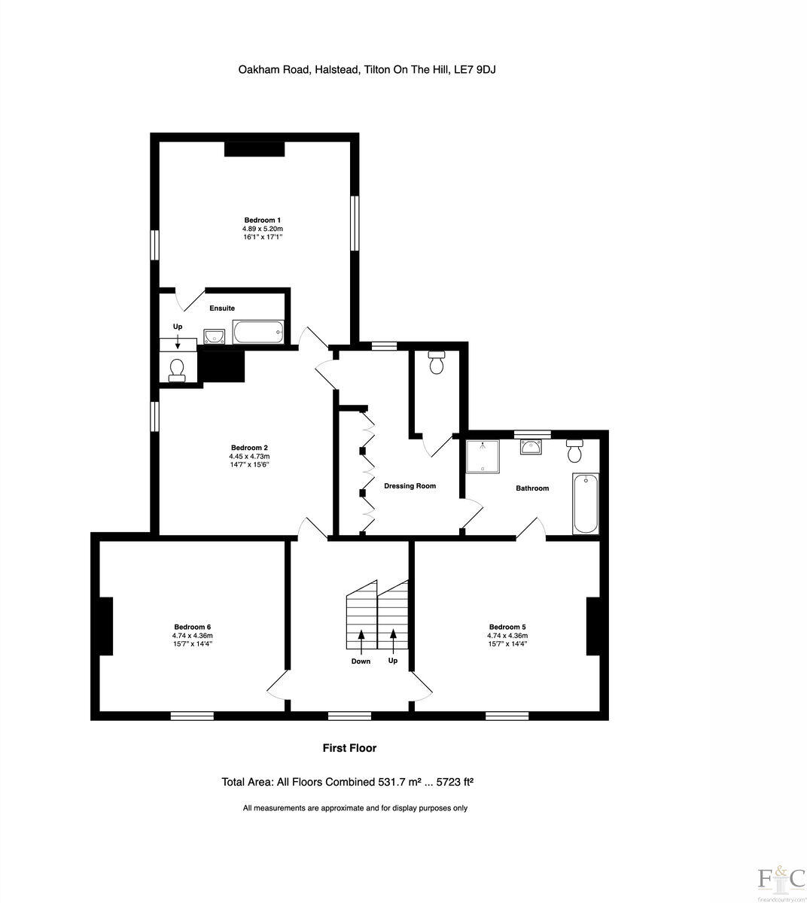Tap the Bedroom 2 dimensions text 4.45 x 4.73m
point(249,456)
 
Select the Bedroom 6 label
point(192,627)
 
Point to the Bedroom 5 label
point(507,627)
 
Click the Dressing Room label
point(410,486)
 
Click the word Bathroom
point(531,488)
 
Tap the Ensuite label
point(222,309)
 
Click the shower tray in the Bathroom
point(483,457)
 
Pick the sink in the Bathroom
point(532,447)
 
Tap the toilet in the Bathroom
point(574,451)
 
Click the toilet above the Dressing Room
point(436,363)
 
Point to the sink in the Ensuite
point(215,336)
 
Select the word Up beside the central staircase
point(392,661)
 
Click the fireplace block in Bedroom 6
point(106,625)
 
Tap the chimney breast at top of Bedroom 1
point(254,148)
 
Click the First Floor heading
point(349,748)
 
